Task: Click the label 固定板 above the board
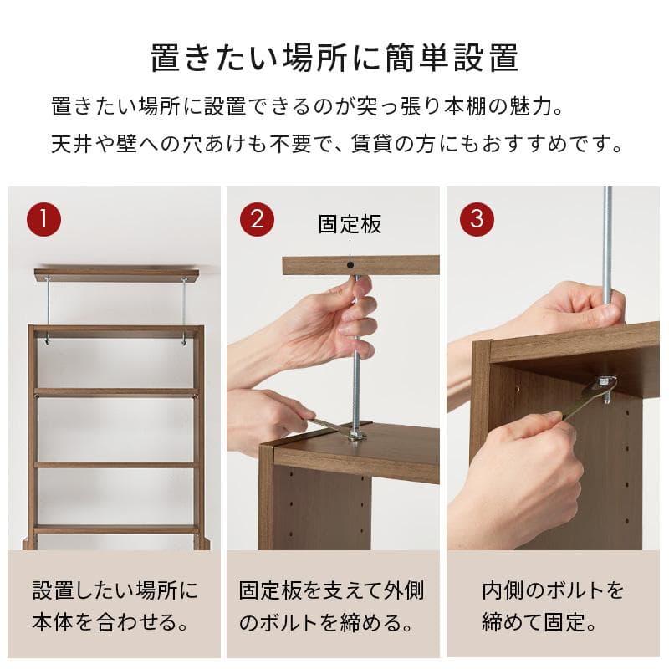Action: click(350, 224)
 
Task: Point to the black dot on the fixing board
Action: click(350, 264)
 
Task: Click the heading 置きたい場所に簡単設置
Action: click(334, 59)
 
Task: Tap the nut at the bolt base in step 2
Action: click(357, 435)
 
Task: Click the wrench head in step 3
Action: click(604, 386)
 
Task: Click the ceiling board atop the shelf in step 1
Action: click(116, 274)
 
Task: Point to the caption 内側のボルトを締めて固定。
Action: click(553, 606)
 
